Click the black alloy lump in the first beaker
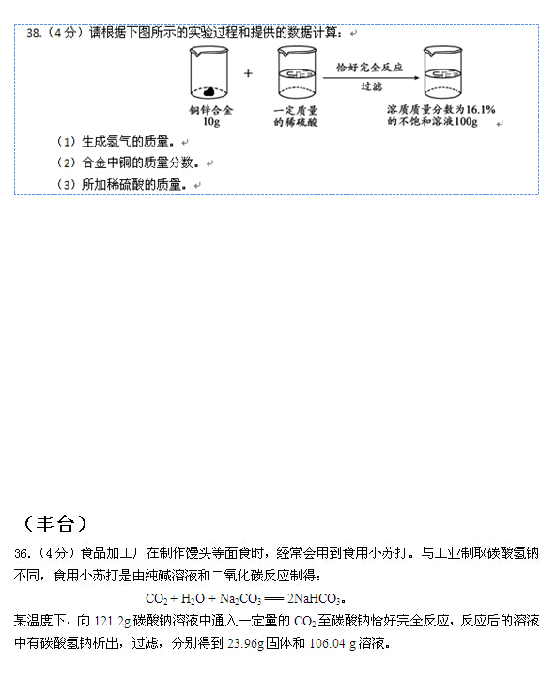209,91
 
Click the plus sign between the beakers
248,73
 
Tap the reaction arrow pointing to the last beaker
371,78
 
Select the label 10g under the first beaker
211,122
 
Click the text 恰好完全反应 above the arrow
369,67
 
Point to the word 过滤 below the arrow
372,86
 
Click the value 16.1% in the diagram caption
481,109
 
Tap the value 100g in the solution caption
466,121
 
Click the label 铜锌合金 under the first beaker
211,110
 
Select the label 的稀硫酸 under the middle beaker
296,122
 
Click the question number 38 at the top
33,33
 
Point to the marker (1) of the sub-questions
67,142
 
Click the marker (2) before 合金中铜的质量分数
67,162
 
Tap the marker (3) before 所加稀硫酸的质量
67,185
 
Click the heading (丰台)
55,523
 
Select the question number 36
22,553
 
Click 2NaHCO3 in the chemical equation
315,598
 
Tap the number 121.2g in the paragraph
112,621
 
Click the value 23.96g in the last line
245,643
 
